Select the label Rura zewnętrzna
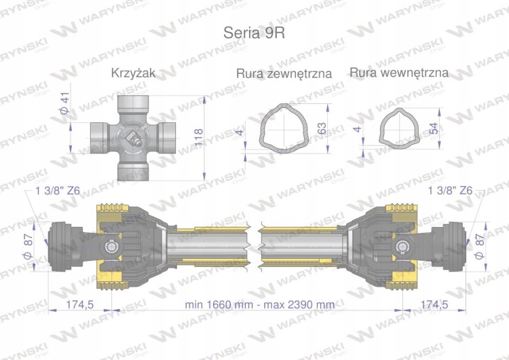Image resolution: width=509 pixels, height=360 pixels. click(x=284, y=73)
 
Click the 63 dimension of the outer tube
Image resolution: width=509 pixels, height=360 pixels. click(x=323, y=127)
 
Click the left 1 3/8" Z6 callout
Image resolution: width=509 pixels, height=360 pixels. click(x=58, y=192)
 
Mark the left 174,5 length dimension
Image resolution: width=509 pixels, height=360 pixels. click(x=78, y=304)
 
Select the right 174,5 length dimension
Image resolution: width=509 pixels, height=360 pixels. click(x=434, y=304)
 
